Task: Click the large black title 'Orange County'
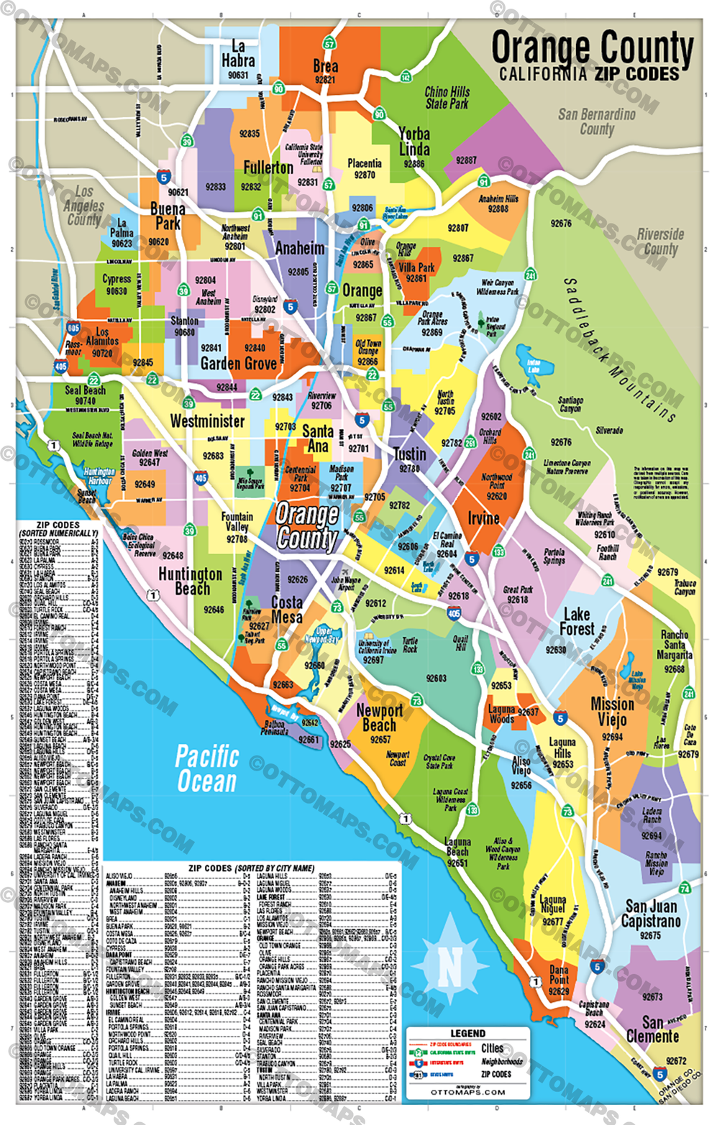pyautogui.click(x=592, y=49)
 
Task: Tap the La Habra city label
pyautogui.click(x=238, y=54)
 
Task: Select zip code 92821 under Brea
pyautogui.click(x=325, y=80)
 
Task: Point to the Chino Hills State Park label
pyautogui.click(x=447, y=98)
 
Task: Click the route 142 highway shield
pyautogui.click(x=406, y=76)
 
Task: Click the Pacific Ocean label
pyautogui.click(x=207, y=768)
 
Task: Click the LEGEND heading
pyautogui.click(x=467, y=1033)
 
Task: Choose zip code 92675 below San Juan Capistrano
pyautogui.click(x=650, y=935)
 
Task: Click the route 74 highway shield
pyautogui.click(x=685, y=888)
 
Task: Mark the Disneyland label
pyautogui.click(x=265, y=299)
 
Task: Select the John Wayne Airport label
pyautogui.click(x=346, y=582)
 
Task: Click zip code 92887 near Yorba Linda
pyautogui.click(x=466, y=160)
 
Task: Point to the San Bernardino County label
pyautogui.click(x=597, y=121)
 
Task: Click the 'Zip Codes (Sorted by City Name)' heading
pyautogui.click(x=251, y=868)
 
